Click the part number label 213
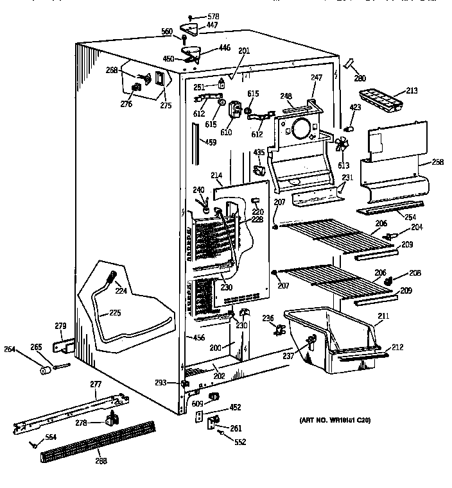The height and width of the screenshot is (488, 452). tap(411, 91)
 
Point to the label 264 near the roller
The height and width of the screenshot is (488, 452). tap(28, 349)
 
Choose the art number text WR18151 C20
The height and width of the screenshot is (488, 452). tap(335, 420)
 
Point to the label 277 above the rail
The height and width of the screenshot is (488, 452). tap(96, 384)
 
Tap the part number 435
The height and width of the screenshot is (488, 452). tap(258, 152)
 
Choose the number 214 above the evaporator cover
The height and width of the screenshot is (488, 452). tap(217, 174)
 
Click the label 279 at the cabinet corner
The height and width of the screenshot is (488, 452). tap(60, 327)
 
